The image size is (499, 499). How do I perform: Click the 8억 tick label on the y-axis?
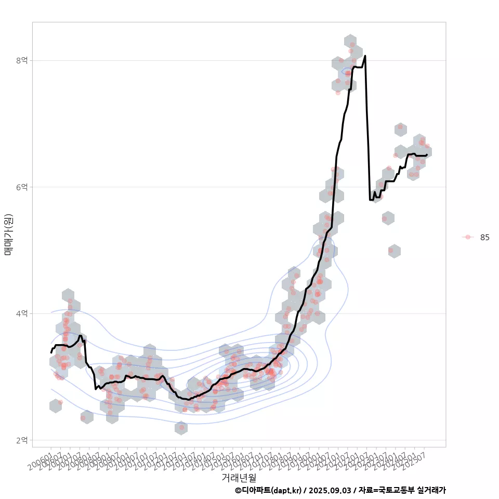point(21,60)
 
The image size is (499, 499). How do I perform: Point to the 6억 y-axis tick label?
point(21,187)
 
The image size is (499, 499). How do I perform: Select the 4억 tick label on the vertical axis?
point(21,313)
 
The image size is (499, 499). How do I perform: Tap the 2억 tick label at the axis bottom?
point(21,440)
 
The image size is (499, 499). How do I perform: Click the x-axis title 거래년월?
point(239,477)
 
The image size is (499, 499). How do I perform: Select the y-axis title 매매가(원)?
point(9,234)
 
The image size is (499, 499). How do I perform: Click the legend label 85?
point(484,237)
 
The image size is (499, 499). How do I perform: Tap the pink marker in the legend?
point(468,237)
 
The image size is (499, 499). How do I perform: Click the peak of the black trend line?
point(365,56)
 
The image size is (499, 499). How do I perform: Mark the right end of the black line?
point(427,154)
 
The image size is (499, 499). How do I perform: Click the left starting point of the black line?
point(51,352)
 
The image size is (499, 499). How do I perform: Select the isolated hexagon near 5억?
point(394,251)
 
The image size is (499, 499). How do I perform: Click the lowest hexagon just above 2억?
point(181,428)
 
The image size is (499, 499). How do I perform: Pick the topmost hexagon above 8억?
point(350,42)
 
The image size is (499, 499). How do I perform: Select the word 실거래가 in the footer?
point(430,490)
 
